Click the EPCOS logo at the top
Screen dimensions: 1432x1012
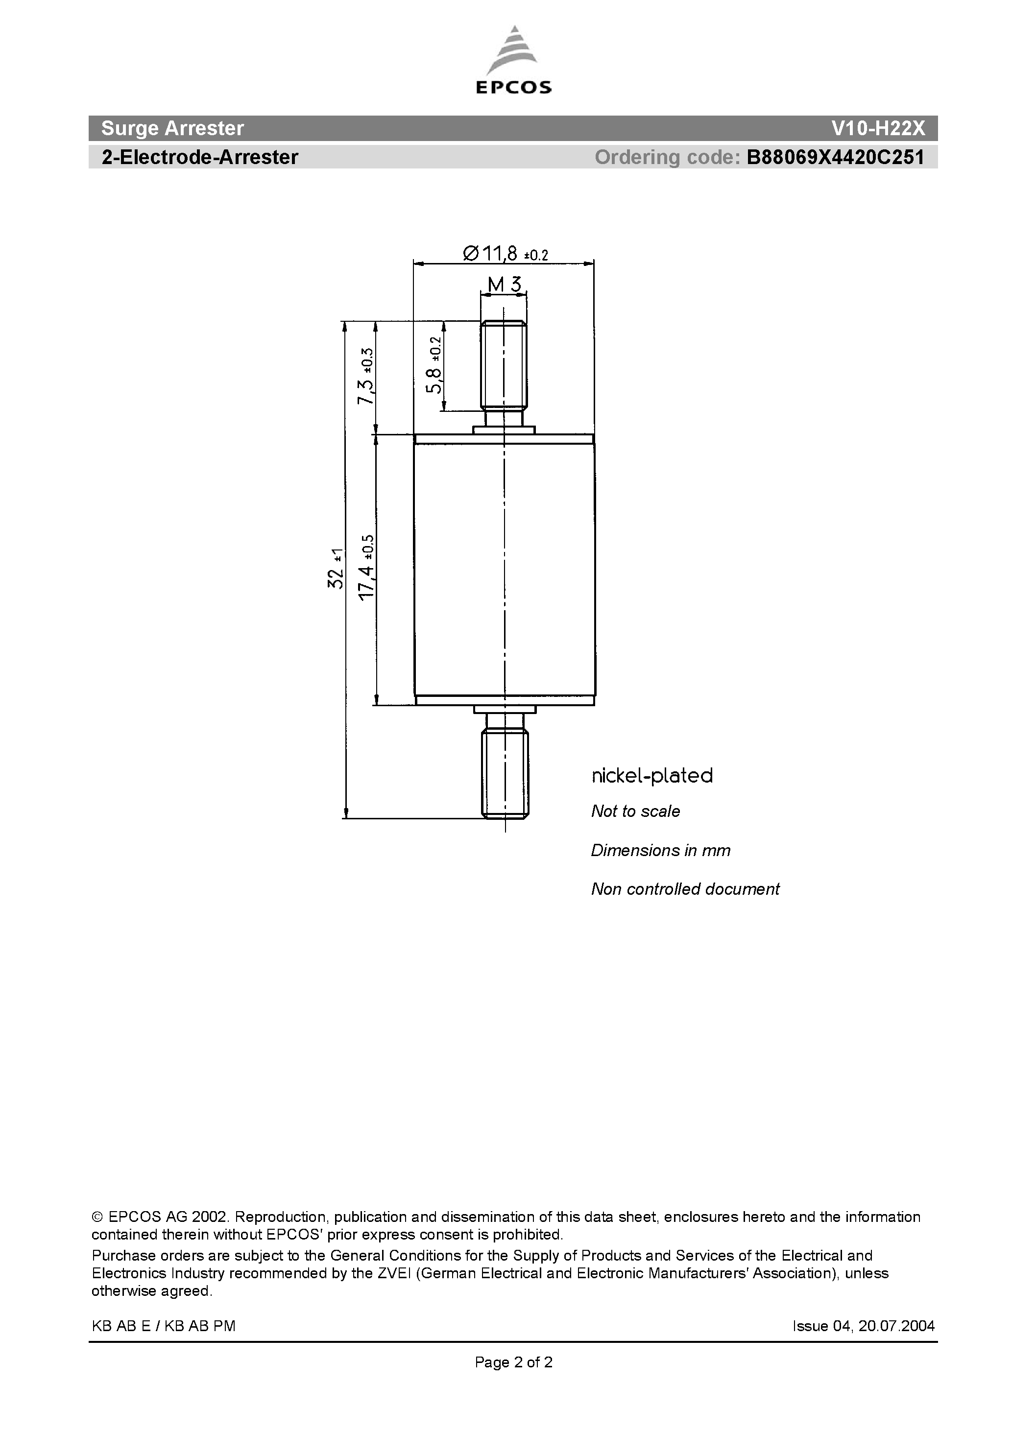point(513,60)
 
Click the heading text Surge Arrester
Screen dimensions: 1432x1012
point(172,128)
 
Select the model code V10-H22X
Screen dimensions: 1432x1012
point(878,128)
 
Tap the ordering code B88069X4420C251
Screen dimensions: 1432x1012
point(835,157)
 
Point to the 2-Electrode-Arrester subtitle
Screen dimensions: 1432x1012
point(200,157)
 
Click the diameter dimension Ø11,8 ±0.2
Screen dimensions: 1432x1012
point(505,253)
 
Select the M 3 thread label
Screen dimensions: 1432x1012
point(504,285)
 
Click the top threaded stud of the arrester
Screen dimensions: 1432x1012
point(504,365)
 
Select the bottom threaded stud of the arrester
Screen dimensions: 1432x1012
point(505,773)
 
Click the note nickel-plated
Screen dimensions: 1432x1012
point(652,776)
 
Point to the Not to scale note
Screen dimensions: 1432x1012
point(635,811)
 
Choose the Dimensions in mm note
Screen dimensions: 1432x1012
point(660,851)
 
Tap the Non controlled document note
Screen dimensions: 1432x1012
point(685,889)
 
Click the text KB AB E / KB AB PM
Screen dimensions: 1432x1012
point(164,1326)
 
